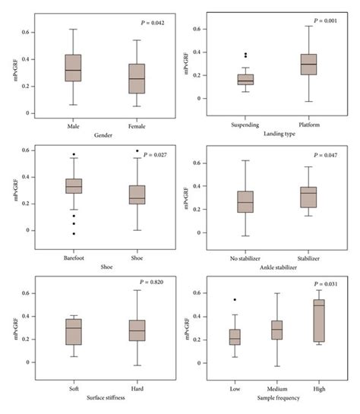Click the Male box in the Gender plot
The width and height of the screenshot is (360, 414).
click(x=73, y=68)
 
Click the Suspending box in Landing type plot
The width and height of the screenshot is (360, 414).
click(x=245, y=79)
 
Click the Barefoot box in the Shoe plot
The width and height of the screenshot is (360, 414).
click(x=73, y=186)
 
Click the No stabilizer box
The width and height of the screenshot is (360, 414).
click(x=245, y=202)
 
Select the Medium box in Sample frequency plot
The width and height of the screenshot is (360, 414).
click(x=276, y=330)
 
